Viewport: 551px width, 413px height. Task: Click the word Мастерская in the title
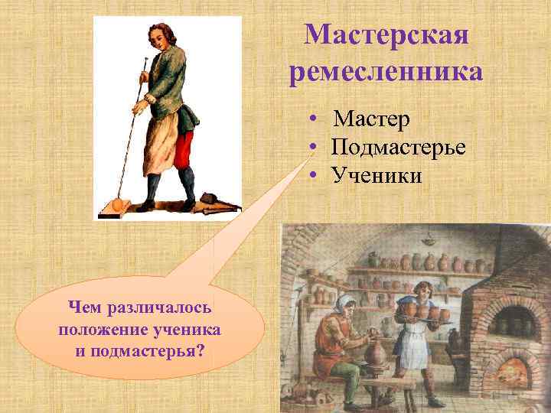coord(386,34)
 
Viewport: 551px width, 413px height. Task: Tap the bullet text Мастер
coord(371,120)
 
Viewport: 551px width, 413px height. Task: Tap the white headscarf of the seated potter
coord(344,301)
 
